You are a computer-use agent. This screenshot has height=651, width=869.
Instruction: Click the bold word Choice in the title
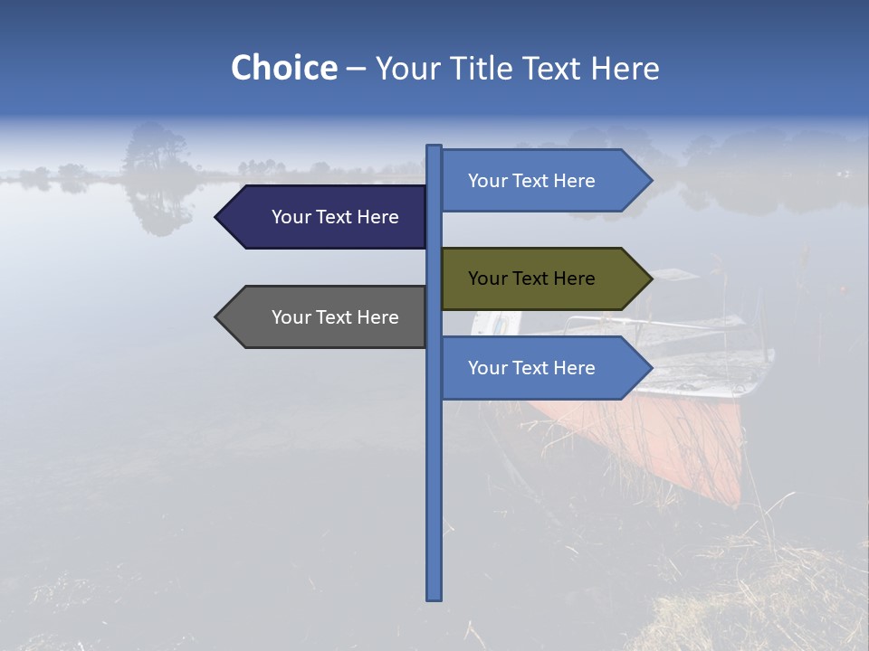click(283, 69)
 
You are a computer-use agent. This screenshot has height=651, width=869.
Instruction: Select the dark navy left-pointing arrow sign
click(326, 217)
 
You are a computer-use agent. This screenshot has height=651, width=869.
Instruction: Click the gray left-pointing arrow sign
click(326, 317)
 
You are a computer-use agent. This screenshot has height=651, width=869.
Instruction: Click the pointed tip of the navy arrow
click(217, 217)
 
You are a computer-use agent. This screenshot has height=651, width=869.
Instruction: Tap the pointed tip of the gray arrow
click(217, 317)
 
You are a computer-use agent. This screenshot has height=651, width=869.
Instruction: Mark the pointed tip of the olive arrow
click(650, 278)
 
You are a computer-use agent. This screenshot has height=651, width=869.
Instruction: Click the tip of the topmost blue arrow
click(650, 181)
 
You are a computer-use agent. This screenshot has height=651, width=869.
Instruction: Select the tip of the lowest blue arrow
click(650, 368)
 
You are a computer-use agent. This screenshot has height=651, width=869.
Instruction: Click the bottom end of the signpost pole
click(434, 597)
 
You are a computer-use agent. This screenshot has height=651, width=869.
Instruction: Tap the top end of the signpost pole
click(434, 148)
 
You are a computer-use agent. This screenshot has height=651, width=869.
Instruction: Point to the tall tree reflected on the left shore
click(156, 149)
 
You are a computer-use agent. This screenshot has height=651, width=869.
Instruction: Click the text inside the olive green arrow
click(531, 278)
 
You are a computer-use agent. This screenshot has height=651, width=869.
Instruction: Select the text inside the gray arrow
click(335, 317)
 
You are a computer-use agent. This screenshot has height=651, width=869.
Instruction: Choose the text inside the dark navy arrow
click(335, 217)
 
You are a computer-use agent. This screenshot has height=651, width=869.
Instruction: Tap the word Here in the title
click(625, 69)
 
